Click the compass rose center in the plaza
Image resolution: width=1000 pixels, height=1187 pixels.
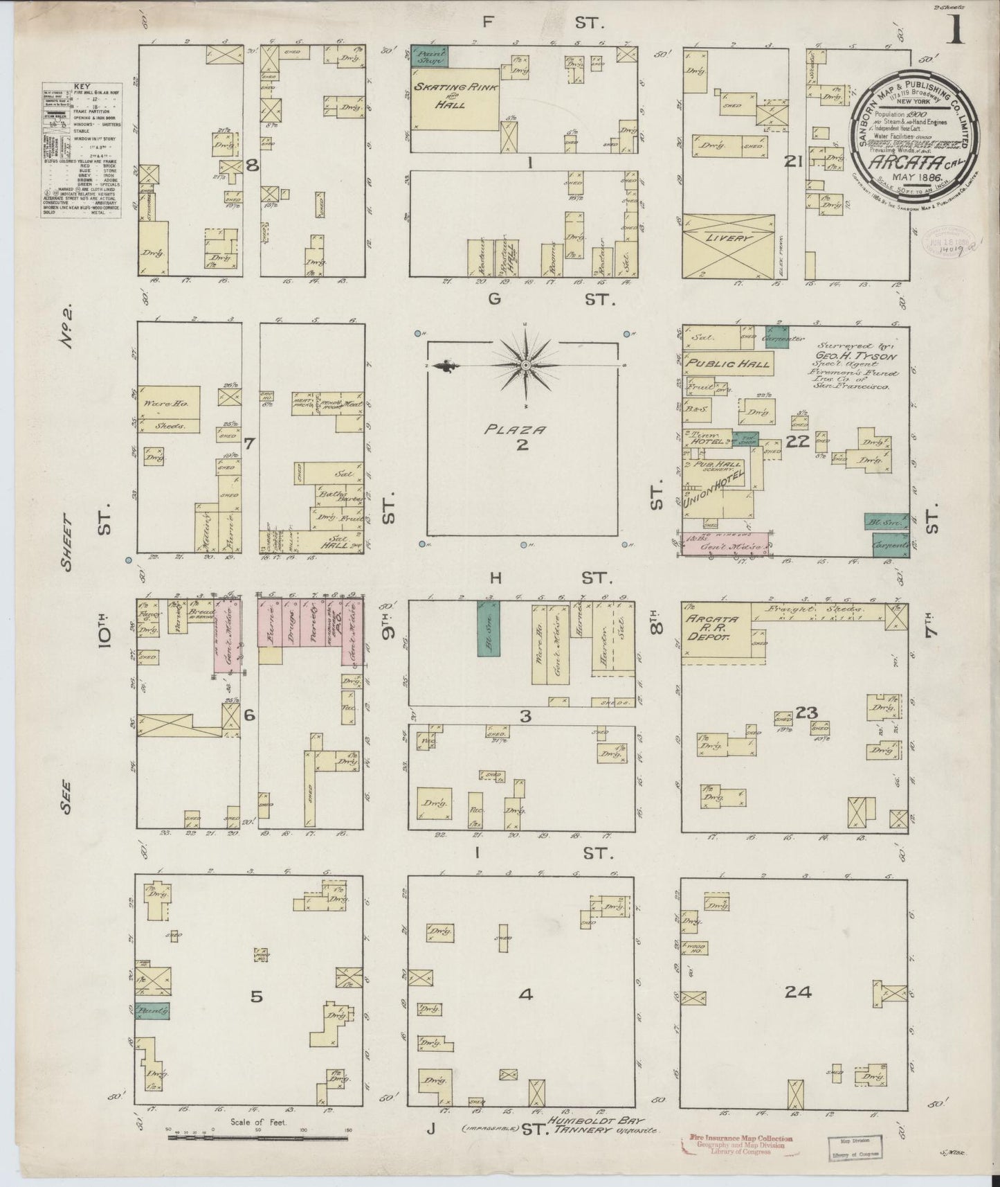pyautogui.click(x=525, y=364)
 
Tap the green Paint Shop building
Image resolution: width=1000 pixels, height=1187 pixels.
pyautogui.click(x=429, y=56)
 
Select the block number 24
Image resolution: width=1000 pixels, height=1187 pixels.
pyautogui.click(x=798, y=992)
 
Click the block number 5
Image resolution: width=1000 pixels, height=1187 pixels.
pyautogui.click(x=257, y=996)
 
